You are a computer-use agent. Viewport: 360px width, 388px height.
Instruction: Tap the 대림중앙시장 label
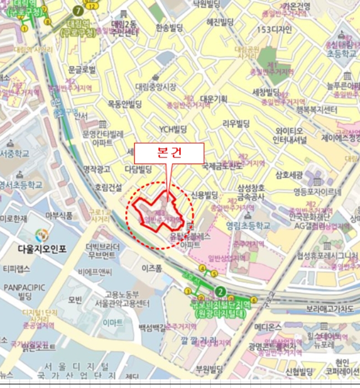[x=156, y=86]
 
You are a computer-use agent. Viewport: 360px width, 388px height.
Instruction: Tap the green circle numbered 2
[x=221, y=292]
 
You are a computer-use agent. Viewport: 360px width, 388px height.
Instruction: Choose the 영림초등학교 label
[x=248, y=226]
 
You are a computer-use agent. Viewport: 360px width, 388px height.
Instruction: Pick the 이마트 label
[x=114, y=323]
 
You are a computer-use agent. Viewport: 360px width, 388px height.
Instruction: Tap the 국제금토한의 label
[x=222, y=165]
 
